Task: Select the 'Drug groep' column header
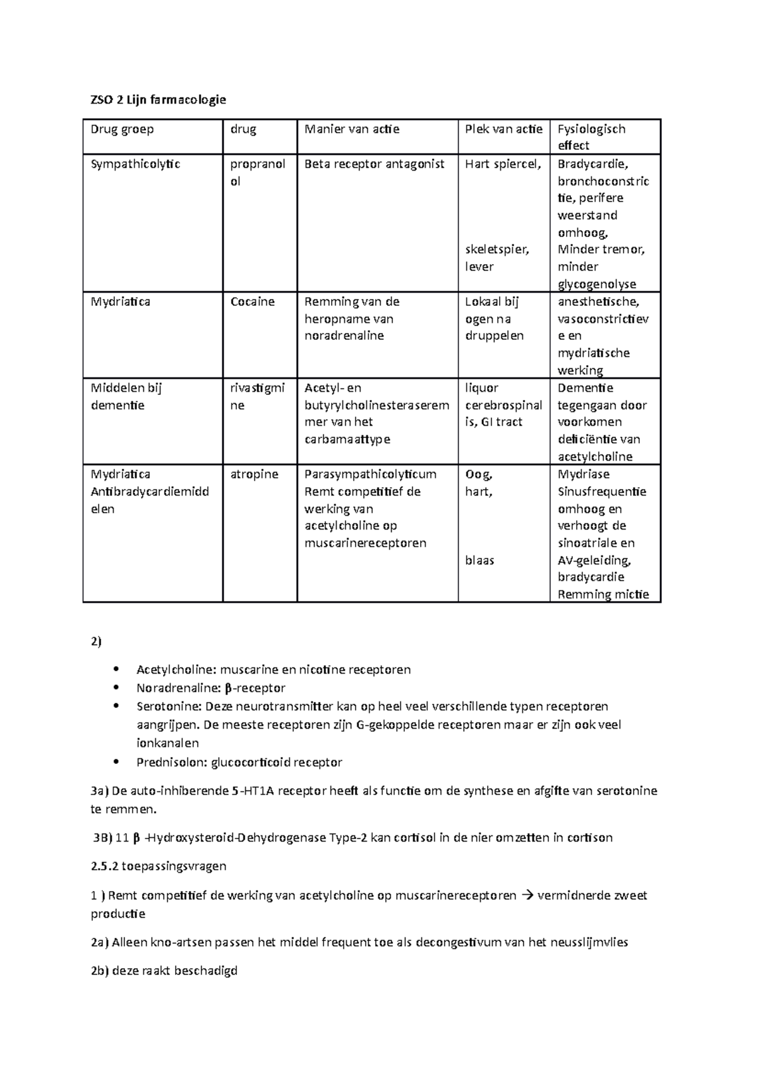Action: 122,129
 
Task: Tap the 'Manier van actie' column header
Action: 352,129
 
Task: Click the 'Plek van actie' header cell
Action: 503,129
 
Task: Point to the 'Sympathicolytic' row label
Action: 135,164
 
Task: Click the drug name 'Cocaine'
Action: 252,301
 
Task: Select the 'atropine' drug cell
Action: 254,474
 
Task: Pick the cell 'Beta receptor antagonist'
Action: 375,164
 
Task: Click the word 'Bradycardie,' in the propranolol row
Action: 593,164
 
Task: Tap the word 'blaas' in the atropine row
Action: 479,560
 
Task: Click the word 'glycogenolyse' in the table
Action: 597,284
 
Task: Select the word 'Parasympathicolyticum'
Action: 370,474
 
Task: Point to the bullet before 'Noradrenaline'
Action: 115,688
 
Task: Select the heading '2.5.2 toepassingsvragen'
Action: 159,866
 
